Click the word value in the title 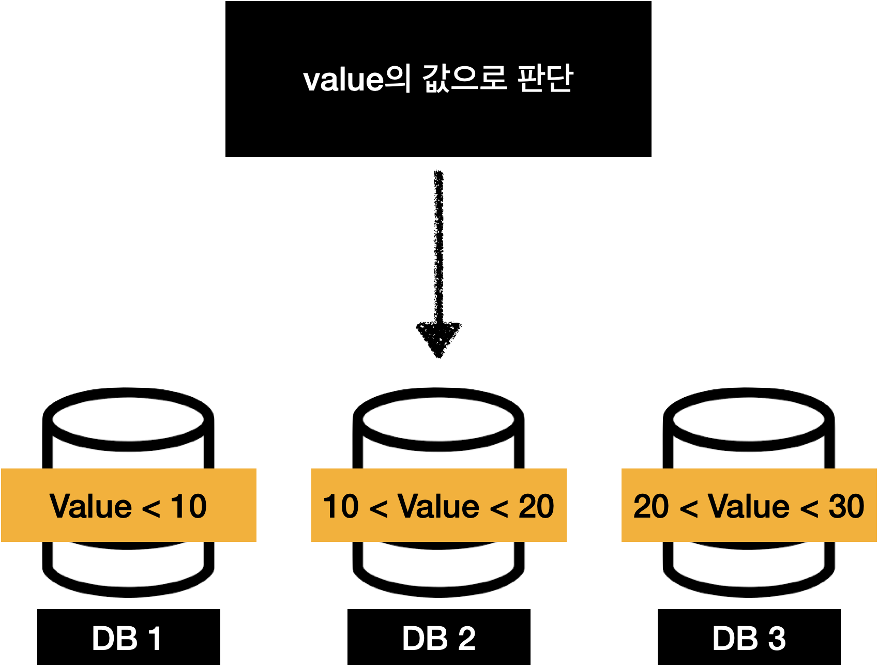pyautogui.click(x=343, y=80)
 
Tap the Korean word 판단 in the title pyautogui.click(x=545, y=79)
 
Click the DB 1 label pyautogui.click(x=127, y=639)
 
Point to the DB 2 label pyautogui.click(x=438, y=639)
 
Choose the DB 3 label pyautogui.click(x=749, y=639)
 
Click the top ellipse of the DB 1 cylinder pyautogui.click(x=128, y=419)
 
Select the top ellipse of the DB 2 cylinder pyautogui.click(x=438, y=419)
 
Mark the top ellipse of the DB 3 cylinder pyautogui.click(x=749, y=419)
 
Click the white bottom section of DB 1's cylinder pyautogui.click(x=128, y=566)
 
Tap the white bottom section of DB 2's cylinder pyautogui.click(x=438, y=566)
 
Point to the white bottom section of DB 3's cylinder pyautogui.click(x=749, y=566)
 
